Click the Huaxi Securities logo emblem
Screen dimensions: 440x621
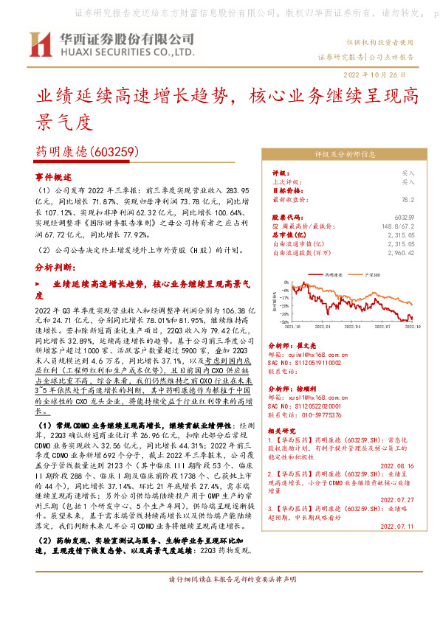tap(38, 45)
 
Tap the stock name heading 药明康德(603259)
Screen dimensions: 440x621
tap(88, 153)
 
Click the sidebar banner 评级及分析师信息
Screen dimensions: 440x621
tap(345, 155)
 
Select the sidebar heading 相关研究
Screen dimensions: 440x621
tap(283, 429)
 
